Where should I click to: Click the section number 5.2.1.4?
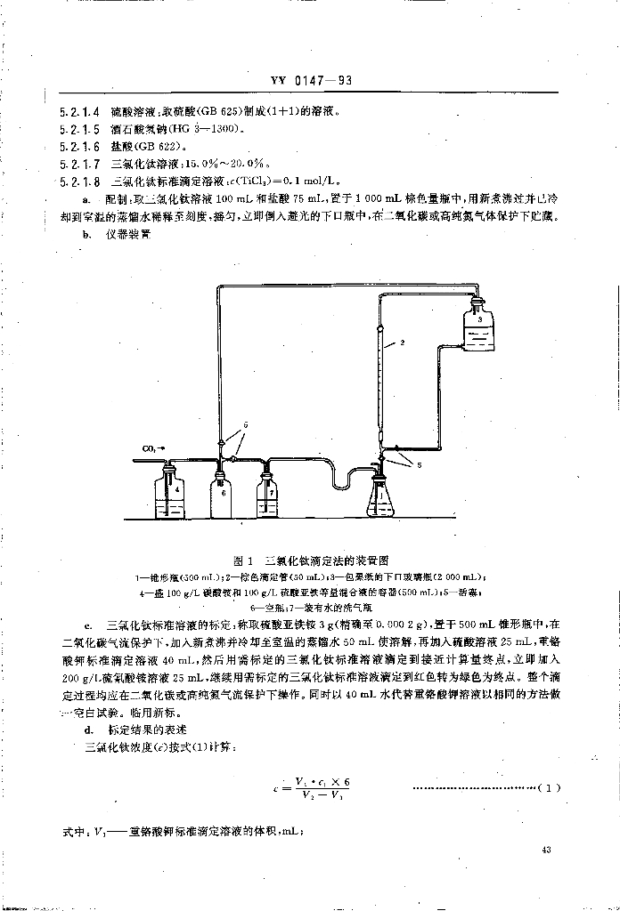click(79, 113)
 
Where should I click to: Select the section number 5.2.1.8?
click(79, 181)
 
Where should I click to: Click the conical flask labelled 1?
click(384, 498)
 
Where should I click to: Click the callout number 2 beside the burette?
click(402, 342)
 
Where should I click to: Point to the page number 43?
click(547, 851)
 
